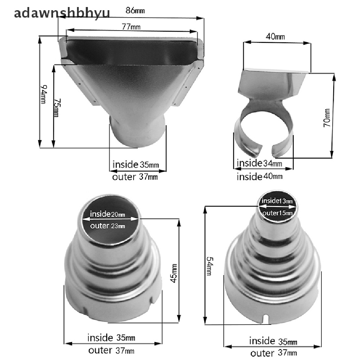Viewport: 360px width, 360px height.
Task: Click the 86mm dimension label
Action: coord(135,11)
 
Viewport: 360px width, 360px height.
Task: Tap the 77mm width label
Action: coord(131,27)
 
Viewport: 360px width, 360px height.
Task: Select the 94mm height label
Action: coord(43,94)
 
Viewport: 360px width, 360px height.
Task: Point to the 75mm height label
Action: coord(57,108)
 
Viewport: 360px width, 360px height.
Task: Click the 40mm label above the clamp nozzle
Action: coord(275,36)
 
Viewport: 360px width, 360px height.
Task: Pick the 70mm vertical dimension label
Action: coord(327,118)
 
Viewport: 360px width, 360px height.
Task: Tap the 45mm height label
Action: coord(174,274)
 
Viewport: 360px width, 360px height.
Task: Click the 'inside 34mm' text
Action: coord(259,163)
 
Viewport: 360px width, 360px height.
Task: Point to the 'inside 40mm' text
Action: coord(260,176)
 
